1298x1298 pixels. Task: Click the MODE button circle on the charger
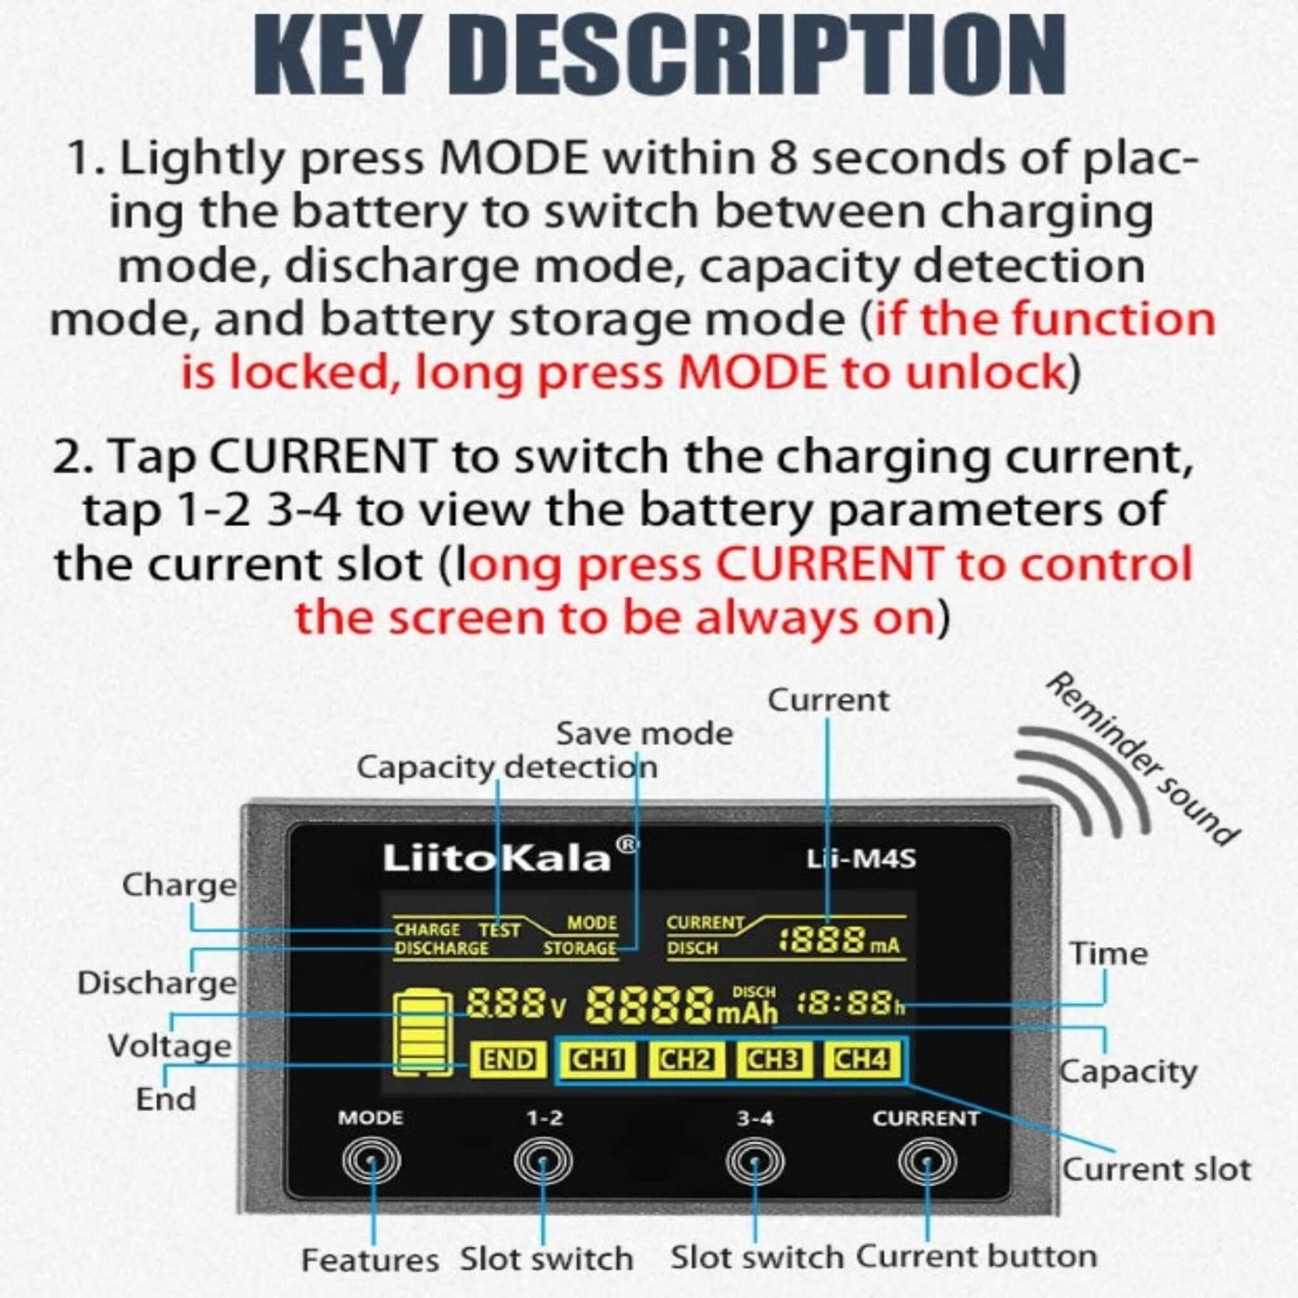[x=371, y=1161]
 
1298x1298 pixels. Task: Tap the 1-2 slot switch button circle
[x=543, y=1161]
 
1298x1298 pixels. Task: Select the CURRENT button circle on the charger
[x=928, y=1161]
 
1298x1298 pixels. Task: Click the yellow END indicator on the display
[x=508, y=1061]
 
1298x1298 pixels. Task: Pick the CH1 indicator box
[x=597, y=1060]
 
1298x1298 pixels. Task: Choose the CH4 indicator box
[x=862, y=1059]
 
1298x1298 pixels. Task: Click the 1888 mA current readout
[x=839, y=941]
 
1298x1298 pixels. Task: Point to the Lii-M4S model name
[x=861, y=858]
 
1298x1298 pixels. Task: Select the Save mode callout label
[x=644, y=733]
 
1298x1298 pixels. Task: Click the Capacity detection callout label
[x=507, y=767]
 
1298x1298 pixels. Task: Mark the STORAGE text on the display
[x=579, y=948]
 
